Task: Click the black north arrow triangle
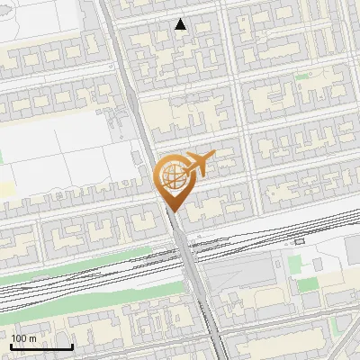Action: (x=181, y=24)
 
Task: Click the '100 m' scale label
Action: (x=24, y=337)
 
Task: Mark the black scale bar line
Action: (x=41, y=346)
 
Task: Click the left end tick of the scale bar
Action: (x=11, y=345)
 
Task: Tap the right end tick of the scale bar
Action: (x=72, y=345)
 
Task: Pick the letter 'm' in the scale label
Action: (x=33, y=337)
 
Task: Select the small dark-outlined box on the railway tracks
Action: (x=300, y=242)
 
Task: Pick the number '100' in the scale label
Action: (x=19, y=337)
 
